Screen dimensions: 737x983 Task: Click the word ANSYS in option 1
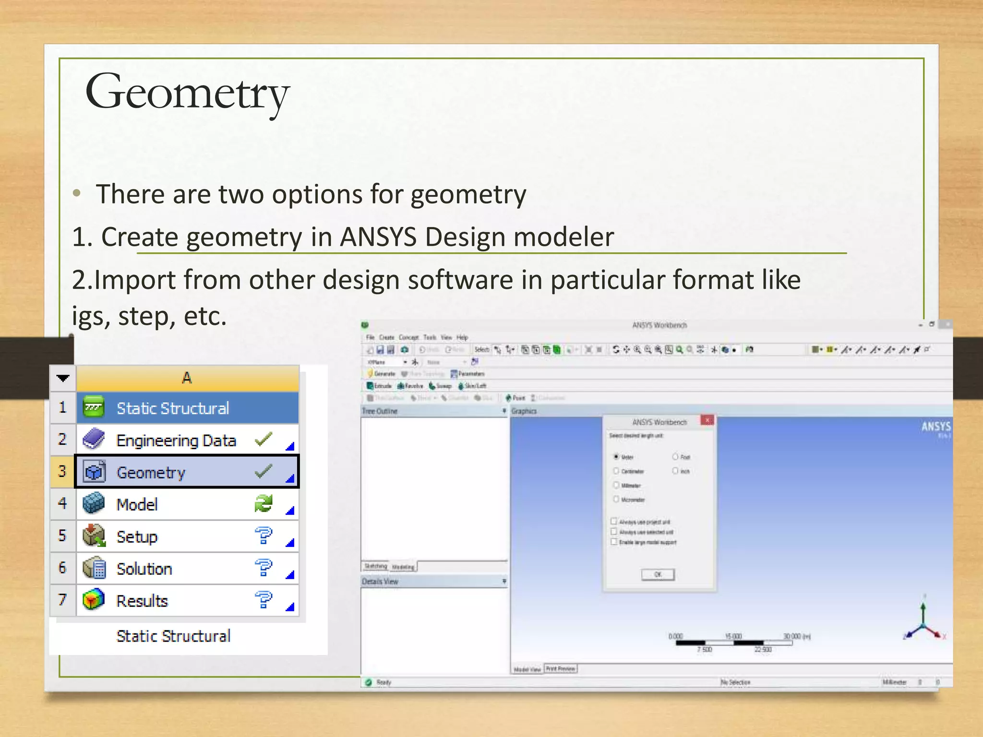point(378,237)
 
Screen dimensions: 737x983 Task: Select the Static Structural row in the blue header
point(173,408)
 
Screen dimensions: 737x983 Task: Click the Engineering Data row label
point(176,440)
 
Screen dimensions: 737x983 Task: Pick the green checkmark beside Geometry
point(264,472)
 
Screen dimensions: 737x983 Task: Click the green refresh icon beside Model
point(264,504)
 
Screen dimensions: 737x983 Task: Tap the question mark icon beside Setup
point(264,535)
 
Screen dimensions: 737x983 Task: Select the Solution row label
point(144,569)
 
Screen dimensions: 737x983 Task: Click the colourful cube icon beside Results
point(94,600)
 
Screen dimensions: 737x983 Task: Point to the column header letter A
point(187,378)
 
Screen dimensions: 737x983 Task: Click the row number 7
point(62,600)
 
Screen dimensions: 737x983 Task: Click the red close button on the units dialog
point(707,421)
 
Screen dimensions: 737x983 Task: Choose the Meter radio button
point(616,456)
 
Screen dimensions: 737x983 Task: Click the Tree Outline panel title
point(380,411)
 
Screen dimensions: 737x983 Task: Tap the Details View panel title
point(380,582)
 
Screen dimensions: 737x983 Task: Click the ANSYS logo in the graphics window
point(935,427)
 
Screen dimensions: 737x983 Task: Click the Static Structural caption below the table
point(173,636)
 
